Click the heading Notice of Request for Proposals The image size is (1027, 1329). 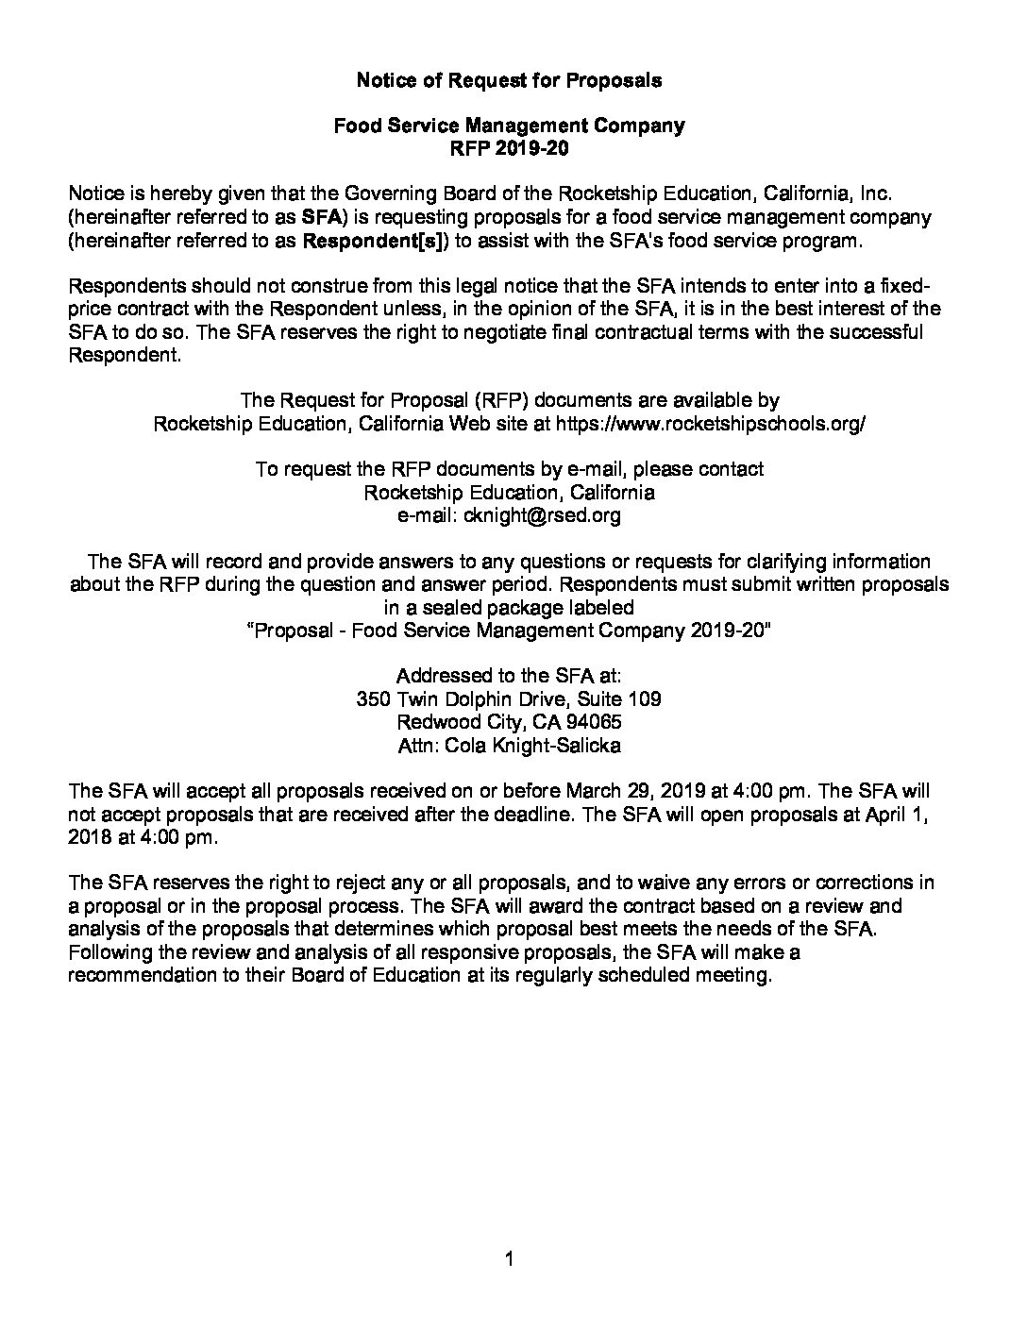[509, 80]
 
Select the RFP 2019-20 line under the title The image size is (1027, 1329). [509, 148]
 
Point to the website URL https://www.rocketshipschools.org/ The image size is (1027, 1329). [711, 424]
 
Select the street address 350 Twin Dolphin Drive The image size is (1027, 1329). [461, 699]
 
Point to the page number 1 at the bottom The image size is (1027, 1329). [510, 1257]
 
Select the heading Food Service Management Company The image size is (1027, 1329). [509, 126]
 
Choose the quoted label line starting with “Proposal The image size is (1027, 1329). [509, 631]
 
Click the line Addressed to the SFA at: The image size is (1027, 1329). [509, 676]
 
